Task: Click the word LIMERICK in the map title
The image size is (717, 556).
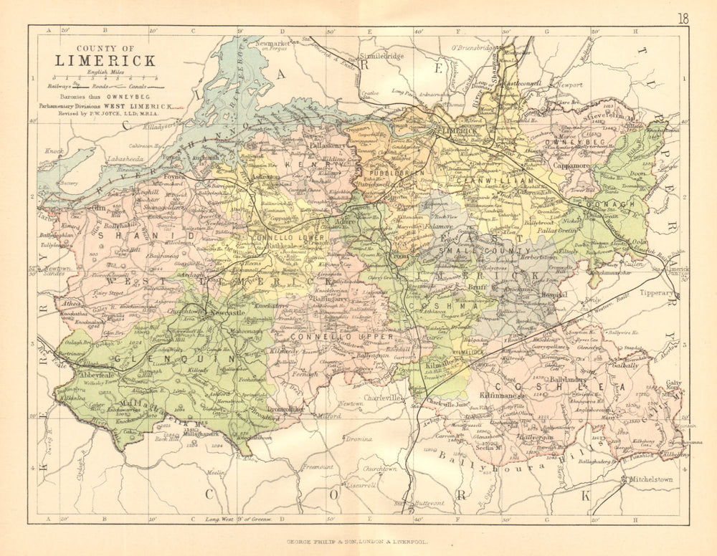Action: pos(106,60)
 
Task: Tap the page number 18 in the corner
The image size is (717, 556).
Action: pos(683,19)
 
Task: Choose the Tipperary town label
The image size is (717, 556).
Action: pos(656,293)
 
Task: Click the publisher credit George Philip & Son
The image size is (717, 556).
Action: pos(358,542)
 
